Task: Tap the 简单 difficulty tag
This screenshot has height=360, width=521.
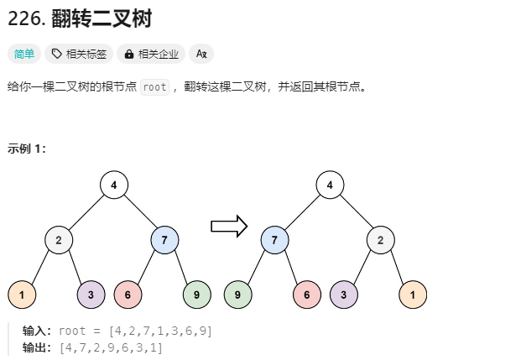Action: click(x=23, y=55)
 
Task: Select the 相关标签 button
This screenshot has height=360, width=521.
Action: click(x=79, y=55)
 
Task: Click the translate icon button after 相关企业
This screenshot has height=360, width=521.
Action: click(x=201, y=55)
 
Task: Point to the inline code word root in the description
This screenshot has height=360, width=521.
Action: click(x=154, y=86)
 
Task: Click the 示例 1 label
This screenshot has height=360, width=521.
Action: click(x=27, y=149)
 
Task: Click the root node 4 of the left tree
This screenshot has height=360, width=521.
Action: click(x=113, y=185)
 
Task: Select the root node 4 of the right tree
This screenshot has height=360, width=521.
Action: click(x=331, y=185)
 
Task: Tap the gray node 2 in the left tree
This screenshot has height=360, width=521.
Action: click(x=59, y=240)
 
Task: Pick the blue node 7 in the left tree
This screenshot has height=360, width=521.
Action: click(x=165, y=240)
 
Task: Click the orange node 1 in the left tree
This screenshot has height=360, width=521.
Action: click(x=21, y=295)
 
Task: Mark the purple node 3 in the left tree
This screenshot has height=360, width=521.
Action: click(x=91, y=295)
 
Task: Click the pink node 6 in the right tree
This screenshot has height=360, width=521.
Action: click(x=307, y=295)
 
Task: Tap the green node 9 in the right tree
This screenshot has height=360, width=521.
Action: click(x=238, y=295)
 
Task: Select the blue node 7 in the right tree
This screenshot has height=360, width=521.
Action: click(x=274, y=240)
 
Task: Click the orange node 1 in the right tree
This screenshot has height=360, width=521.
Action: click(x=413, y=295)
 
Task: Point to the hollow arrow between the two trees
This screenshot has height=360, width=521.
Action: click(x=228, y=225)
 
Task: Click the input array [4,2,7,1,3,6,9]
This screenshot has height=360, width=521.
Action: click(x=160, y=331)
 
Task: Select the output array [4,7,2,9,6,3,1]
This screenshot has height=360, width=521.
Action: click(x=111, y=347)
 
